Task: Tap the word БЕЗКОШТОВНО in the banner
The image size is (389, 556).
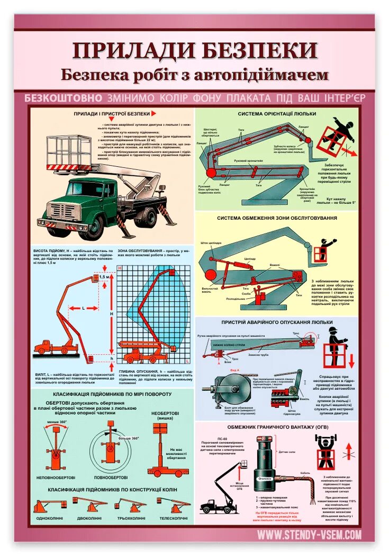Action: point(63,98)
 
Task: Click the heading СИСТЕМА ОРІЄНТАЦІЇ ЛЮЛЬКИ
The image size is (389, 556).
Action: point(277,113)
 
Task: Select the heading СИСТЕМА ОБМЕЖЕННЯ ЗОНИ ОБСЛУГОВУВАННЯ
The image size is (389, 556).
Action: point(277,218)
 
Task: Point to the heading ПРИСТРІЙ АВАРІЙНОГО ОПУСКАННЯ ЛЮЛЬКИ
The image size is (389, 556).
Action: point(277,322)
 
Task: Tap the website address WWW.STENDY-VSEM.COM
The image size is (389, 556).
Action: point(310,535)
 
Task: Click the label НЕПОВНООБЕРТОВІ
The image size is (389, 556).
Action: point(55,477)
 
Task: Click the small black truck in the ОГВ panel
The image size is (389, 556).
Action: point(215,506)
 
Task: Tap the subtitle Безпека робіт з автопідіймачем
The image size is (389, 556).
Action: point(195,75)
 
